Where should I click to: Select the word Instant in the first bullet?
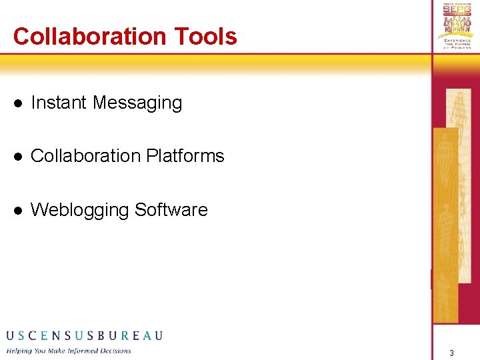coord(59,103)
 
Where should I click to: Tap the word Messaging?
coord(137,103)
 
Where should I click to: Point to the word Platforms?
coord(185,156)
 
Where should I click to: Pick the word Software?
coord(171,210)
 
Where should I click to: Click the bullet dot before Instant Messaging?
coord(19,103)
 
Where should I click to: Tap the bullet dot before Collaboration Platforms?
coord(19,157)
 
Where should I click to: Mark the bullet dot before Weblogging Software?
coord(19,211)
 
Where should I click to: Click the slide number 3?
coord(451,353)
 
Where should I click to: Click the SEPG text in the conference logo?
coord(457,13)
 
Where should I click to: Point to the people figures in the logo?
coord(457,29)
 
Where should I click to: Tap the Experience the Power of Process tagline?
coord(457,44)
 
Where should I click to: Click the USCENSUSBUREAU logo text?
coord(84,335)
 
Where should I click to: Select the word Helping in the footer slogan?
coord(20,351)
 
